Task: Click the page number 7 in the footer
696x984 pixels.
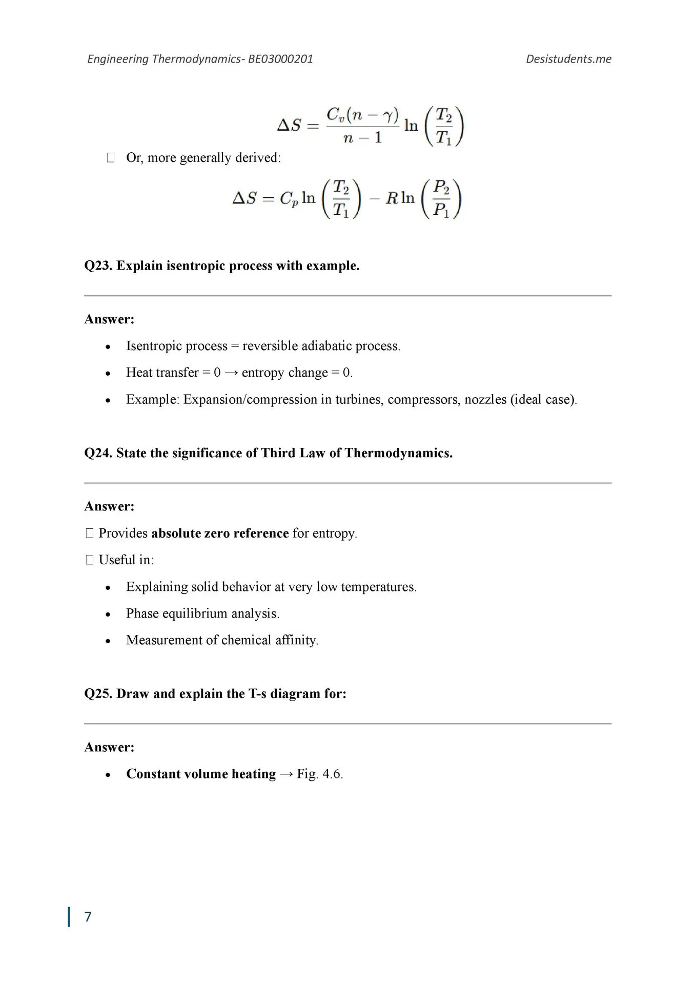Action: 88,917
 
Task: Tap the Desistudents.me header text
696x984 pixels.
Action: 568,59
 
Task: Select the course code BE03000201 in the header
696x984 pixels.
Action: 280,59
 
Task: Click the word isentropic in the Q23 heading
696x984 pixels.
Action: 196,266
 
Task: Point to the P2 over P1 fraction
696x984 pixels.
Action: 441,198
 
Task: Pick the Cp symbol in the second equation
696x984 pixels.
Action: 289,199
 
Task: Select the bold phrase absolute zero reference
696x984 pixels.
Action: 220,534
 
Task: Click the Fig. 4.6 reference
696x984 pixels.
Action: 320,774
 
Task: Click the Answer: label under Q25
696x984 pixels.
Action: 109,747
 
